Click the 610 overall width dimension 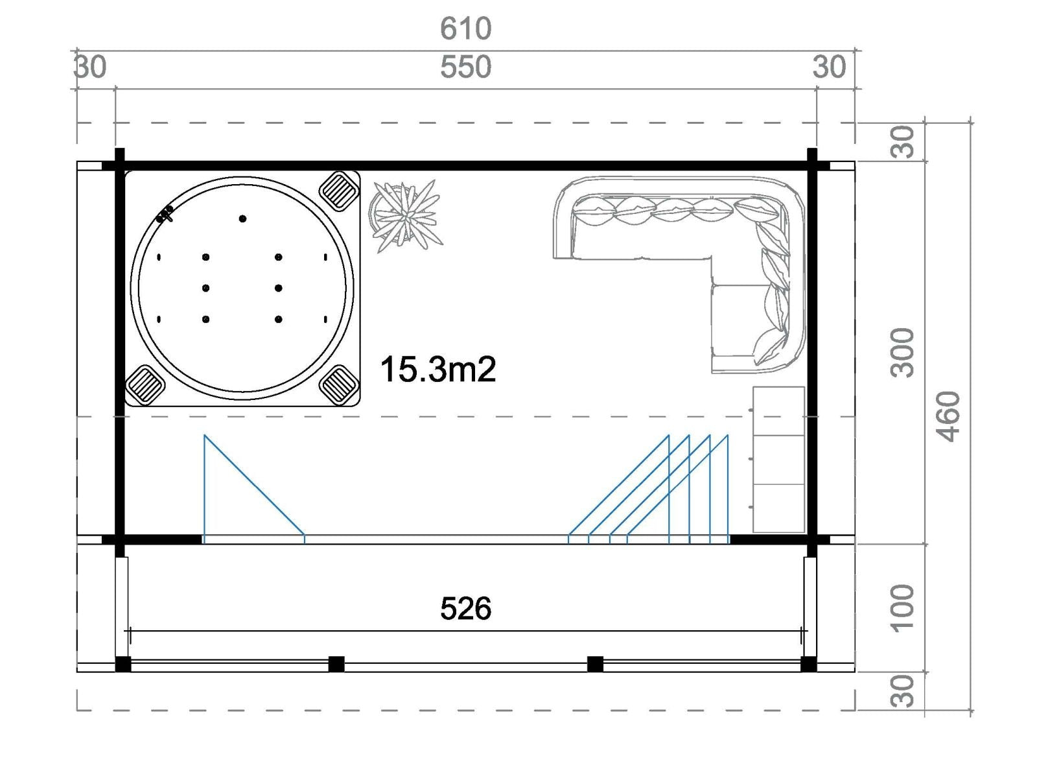[465, 29]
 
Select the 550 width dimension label [465, 67]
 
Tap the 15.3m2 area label [438, 370]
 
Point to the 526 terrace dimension [465, 608]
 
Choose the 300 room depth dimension [902, 353]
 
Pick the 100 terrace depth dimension [902, 608]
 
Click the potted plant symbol [406, 217]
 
